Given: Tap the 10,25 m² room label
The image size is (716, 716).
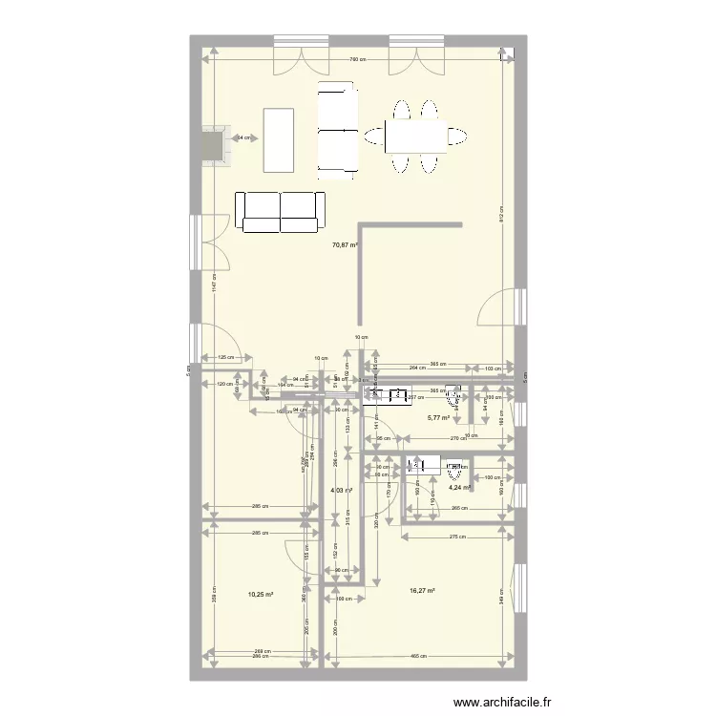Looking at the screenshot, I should coord(261,594).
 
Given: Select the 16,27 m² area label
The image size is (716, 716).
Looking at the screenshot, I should coord(422,591).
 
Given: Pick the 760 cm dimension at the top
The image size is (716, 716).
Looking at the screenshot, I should coord(355,61).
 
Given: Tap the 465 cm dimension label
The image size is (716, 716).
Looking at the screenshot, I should coord(417,656).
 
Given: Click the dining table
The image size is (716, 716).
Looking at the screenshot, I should coord(417,136).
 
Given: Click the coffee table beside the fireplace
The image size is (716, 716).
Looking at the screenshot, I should coord(278,139).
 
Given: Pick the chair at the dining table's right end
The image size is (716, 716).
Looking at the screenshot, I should coord(458,136).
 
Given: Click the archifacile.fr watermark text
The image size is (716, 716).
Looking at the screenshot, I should coord(504,703).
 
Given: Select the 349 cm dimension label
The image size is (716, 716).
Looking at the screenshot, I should coord(501,600).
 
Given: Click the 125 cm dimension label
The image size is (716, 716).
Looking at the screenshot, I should coord(224,358).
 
